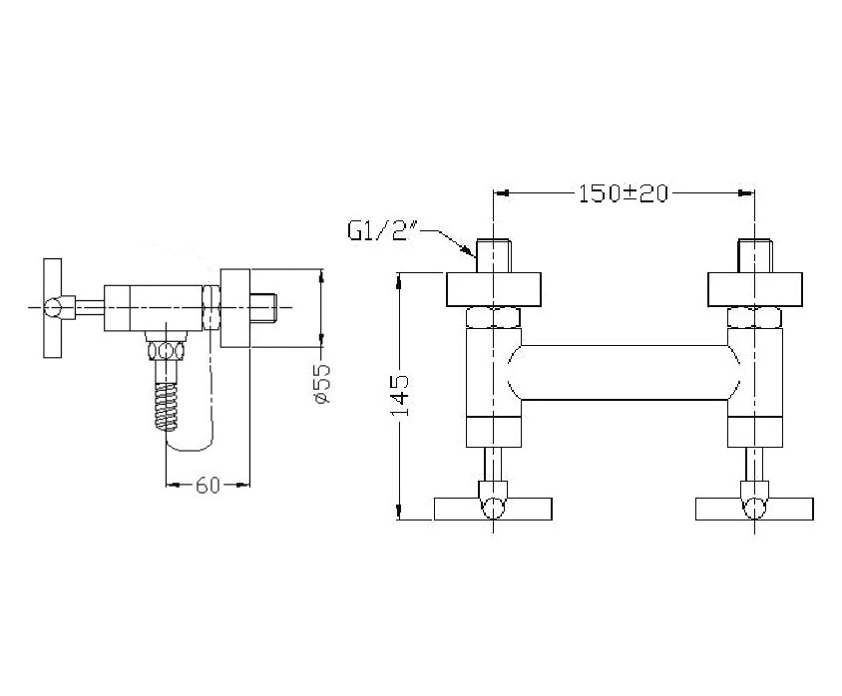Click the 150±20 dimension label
coord(624,193)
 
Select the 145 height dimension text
coord(399,396)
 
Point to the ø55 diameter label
coord(320,383)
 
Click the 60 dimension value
coord(208,486)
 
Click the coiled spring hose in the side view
coord(166,406)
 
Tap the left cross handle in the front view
coord(493,509)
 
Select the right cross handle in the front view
coord(754,509)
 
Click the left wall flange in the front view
coord(494,290)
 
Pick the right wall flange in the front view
coord(755,290)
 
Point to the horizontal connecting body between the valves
coord(624,372)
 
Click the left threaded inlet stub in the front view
coord(494,255)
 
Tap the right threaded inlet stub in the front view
coord(755,255)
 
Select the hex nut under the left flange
coord(494,317)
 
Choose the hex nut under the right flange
coord(755,317)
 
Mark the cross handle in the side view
coord(53,307)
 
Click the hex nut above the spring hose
coord(167,351)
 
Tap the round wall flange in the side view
coord(235,308)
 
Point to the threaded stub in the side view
coord(263,307)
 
